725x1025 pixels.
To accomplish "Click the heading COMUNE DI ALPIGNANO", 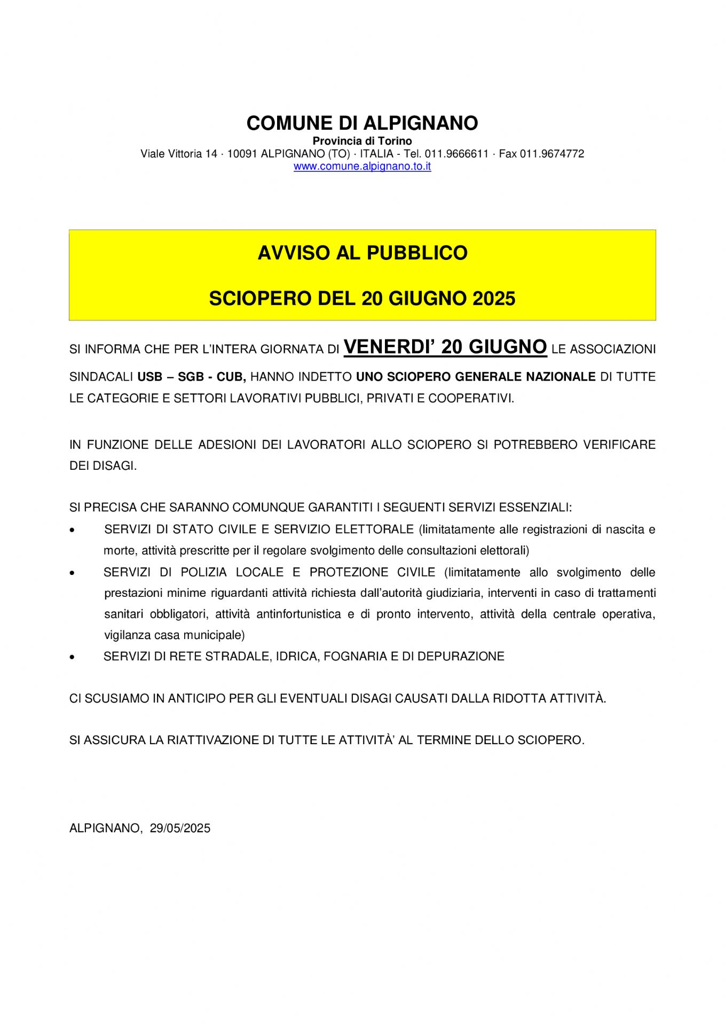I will pos(362,123).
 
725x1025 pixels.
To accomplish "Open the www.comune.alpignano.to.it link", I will pos(362,166).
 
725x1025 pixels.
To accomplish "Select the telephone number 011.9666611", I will pos(456,154).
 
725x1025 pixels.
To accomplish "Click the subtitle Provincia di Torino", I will pos(362,141).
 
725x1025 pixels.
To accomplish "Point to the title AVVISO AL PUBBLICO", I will pos(362,253).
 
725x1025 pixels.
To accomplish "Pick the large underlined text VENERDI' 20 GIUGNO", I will pos(445,347).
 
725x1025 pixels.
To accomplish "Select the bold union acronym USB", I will pos(149,377).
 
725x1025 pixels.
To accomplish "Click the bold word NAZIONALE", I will pos(561,377).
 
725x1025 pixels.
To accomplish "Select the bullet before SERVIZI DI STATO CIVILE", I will pos(72,530).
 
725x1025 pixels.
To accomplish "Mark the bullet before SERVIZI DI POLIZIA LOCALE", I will pos(72,573).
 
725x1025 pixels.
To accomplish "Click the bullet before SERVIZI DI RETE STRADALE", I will pos(72,657).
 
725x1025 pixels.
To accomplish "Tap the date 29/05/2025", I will pos(180,828).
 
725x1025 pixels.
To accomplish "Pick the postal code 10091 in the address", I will pos(242,154).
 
